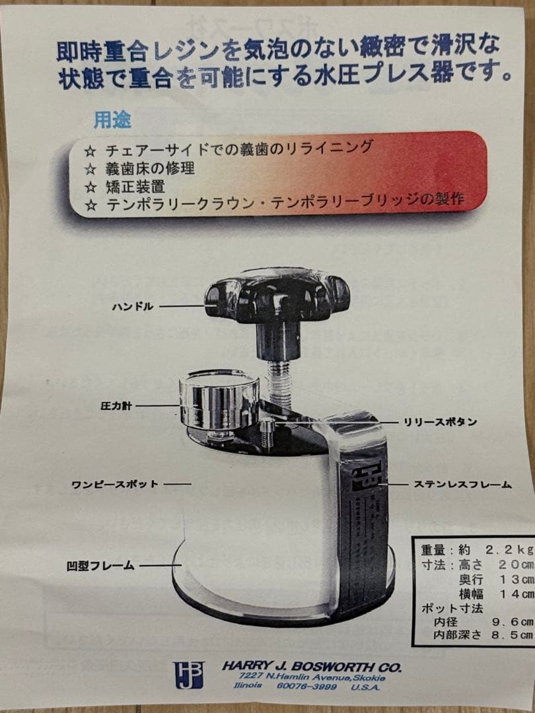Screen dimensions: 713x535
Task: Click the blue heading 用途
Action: tap(112, 120)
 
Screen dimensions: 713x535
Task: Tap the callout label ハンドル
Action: tap(132, 306)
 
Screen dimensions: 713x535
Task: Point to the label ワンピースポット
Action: tap(115, 484)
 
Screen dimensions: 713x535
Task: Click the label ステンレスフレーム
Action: tap(462, 484)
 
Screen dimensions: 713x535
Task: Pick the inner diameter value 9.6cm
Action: tap(509, 622)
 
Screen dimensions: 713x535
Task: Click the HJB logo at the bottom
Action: tap(188, 675)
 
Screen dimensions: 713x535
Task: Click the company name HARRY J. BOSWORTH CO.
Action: tap(311, 667)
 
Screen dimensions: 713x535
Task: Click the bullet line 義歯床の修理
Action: tap(149, 168)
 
